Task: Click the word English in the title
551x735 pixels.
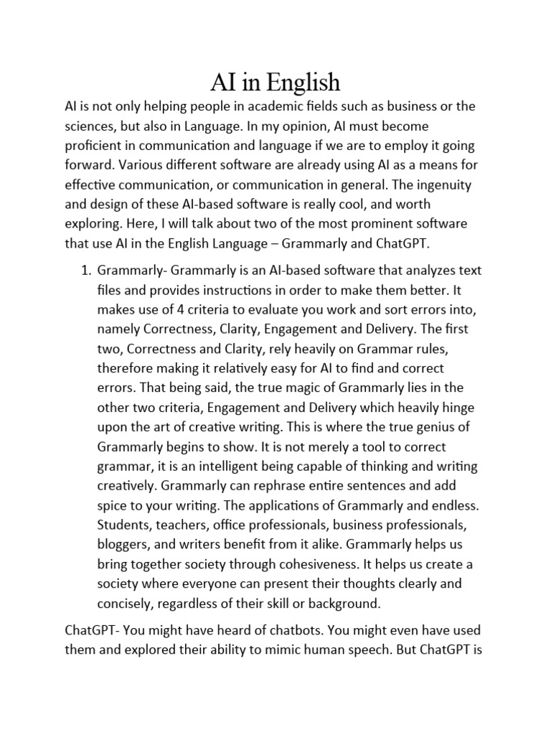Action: pos(303,83)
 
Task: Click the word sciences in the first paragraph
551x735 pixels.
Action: pos(89,126)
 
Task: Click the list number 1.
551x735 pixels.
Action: pos(84,271)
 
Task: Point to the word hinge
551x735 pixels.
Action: pos(460,407)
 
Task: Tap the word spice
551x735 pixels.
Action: pos(113,505)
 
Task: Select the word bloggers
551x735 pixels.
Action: pos(123,543)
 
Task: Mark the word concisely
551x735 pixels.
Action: pos(123,602)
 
